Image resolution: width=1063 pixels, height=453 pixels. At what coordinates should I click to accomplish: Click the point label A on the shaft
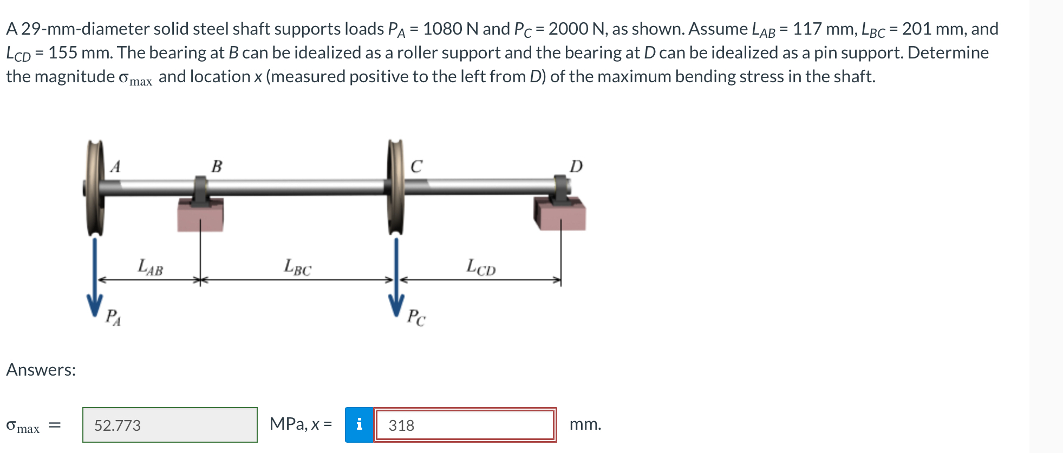tap(115, 166)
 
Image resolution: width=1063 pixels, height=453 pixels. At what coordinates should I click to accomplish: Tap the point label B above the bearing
tap(217, 166)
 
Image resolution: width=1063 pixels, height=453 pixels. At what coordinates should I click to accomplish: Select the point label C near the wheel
tap(416, 166)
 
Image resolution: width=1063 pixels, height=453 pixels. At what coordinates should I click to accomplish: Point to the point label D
tap(576, 166)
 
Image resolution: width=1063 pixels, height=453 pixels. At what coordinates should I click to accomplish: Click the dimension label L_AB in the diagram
tap(150, 267)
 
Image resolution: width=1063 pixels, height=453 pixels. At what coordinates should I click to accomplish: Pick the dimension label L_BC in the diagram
tap(298, 267)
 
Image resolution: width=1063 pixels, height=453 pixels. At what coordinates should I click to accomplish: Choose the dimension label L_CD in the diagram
tap(481, 267)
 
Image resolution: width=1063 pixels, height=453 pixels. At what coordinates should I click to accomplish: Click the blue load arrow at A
tap(95, 276)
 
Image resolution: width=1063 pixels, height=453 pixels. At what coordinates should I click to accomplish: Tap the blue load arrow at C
tap(396, 276)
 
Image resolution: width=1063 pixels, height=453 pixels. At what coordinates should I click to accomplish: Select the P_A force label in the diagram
tap(113, 317)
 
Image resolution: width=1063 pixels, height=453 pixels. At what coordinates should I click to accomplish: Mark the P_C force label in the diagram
tap(416, 317)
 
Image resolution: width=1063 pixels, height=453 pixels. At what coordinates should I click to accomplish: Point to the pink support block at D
tap(561, 215)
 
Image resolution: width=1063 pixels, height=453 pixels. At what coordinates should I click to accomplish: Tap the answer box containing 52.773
tap(169, 425)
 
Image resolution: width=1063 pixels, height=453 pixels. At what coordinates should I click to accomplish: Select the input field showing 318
tap(465, 425)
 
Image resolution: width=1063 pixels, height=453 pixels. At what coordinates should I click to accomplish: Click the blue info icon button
tap(359, 425)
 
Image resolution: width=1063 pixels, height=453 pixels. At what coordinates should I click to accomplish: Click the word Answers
tap(41, 370)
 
